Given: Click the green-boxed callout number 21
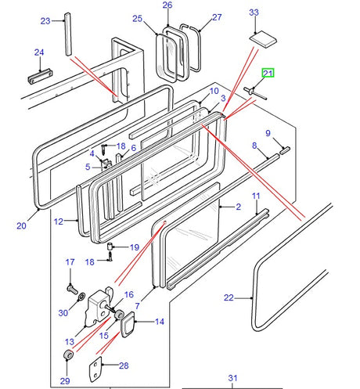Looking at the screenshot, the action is [268, 74].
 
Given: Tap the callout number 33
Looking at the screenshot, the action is [254, 13].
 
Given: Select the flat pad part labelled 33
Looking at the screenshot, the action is [263, 39].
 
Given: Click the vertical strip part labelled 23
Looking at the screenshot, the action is [68, 34].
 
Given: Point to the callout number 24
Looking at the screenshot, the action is [39, 52].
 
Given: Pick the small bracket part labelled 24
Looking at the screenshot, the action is [40, 76].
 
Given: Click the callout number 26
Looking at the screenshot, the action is [167, 5].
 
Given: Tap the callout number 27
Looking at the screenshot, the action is [217, 17].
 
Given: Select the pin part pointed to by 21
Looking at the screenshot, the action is [255, 93].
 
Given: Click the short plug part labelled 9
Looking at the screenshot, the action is [285, 150].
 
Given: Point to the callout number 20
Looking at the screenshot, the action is [21, 225].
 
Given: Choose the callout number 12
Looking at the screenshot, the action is [59, 222].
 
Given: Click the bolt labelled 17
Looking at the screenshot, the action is [73, 290].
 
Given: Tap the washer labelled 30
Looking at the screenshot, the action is [81, 297].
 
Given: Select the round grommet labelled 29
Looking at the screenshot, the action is [69, 355].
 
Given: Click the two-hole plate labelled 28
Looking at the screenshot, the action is [95, 369].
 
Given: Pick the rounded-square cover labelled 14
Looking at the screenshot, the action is [128, 324].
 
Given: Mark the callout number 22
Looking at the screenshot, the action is [229, 297].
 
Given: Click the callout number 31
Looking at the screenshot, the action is [232, 378].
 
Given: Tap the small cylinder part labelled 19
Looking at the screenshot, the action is [110, 246].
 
